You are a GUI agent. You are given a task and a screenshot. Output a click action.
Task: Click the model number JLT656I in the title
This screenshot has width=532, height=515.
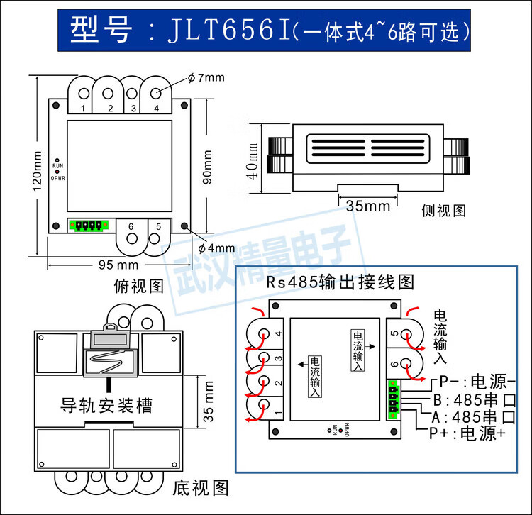[x=227, y=32]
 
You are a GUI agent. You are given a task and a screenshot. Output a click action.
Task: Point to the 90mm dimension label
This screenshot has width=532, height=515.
[x=208, y=167]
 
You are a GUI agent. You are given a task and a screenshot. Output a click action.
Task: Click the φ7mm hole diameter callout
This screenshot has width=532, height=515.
[x=206, y=77]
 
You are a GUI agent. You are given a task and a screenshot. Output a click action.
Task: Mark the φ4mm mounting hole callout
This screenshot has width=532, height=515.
[x=216, y=248]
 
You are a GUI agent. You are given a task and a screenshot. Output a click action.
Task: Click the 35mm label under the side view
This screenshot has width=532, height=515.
[x=368, y=206]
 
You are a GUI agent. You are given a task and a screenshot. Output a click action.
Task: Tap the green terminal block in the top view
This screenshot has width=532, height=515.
[x=88, y=226]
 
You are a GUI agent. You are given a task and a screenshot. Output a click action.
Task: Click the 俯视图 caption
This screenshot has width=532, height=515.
[x=139, y=285]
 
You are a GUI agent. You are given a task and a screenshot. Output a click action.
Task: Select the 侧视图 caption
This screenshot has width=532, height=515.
[x=443, y=211]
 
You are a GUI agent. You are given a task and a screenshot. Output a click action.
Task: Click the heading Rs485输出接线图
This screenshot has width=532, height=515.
[x=340, y=282]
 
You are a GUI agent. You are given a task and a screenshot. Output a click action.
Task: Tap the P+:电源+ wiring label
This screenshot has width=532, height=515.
[x=465, y=433]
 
